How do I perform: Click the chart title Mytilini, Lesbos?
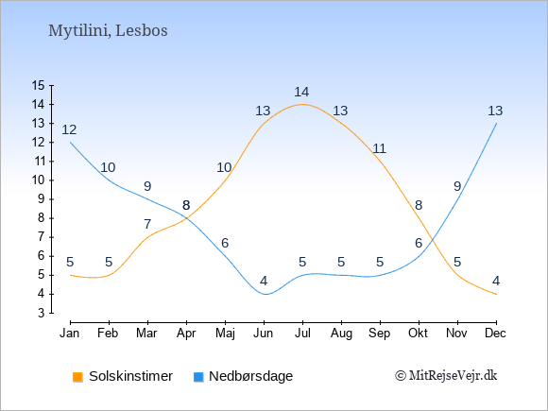(x=108, y=31)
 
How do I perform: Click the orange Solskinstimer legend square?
(x=77, y=377)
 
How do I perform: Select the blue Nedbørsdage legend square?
(x=198, y=377)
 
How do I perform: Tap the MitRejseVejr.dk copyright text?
(x=446, y=376)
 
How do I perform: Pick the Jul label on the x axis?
(x=302, y=334)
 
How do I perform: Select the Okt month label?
(x=418, y=334)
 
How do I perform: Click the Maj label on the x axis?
(x=225, y=334)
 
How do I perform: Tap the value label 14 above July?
(x=301, y=92)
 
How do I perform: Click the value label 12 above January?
(x=69, y=129)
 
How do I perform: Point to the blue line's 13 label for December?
(x=495, y=111)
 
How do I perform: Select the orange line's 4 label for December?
(x=496, y=281)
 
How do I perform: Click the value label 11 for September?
(x=379, y=148)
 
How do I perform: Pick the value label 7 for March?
(x=147, y=224)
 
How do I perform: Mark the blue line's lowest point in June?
(x=265, y=294)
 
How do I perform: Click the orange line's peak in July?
(x=302, y=104)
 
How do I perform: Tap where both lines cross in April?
(x=187, y=218)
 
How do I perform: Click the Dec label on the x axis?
(x=495, y=334)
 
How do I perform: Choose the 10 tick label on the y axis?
(x=39, y=180)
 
